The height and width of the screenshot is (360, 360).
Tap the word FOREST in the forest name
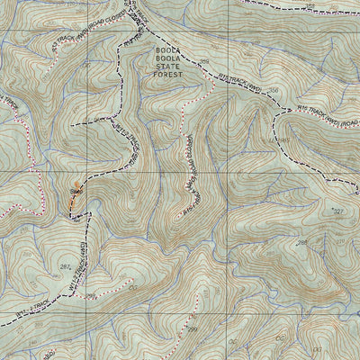pos(167,75)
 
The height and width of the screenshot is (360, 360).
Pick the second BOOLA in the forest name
pos(167,57)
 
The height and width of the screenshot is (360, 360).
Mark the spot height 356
pos(271,91)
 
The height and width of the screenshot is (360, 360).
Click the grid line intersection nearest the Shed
pos(87,171)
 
